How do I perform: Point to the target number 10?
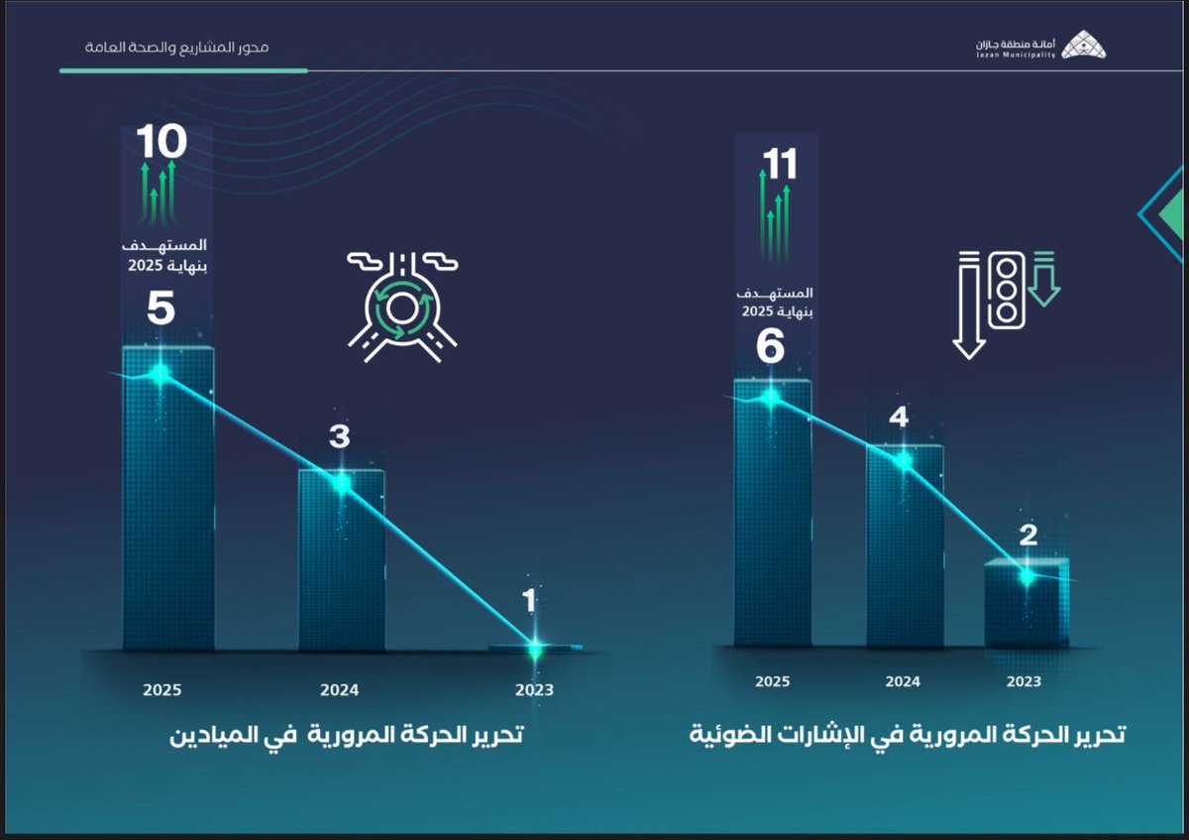161,143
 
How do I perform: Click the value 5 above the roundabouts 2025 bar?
161,308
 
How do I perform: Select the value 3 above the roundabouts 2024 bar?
340,436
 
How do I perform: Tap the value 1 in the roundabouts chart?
530,599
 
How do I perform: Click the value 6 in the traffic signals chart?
770,347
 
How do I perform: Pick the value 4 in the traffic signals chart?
899,418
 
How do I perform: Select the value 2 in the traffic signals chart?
1027,536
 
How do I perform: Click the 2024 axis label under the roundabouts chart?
340,690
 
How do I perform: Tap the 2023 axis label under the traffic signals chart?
1024,681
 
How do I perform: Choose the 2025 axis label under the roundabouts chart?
162,690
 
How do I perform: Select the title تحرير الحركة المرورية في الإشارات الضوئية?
908,736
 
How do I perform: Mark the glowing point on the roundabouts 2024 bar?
341,483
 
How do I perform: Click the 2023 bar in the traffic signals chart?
1027,605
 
